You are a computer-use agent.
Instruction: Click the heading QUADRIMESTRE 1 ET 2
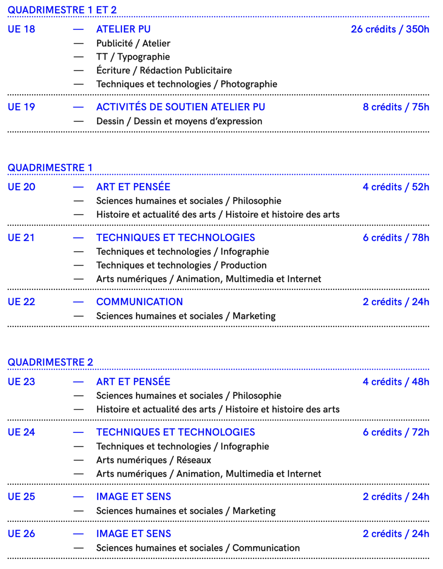[x=62, y=10]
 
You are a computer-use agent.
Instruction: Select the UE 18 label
[x=22, y=29]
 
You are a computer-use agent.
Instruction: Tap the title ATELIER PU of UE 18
[x=123, y=29]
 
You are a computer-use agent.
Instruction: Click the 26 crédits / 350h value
[x=390, y=29]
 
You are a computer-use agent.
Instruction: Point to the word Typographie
[x=143, y=57]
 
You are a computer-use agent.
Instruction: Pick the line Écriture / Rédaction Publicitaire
[x=164, y=70]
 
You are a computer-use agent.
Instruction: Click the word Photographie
[x=249, y=84]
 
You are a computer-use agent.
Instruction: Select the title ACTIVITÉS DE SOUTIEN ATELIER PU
[x=181, y=107]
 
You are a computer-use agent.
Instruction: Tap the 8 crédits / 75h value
[x=396, y=107]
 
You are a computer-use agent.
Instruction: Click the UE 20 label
[x=22, y=187]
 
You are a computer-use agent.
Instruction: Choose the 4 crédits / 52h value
[x=396, y=187]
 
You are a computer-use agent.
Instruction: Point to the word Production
[x=244, y=265]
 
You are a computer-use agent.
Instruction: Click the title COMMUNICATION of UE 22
[x=139, y=302]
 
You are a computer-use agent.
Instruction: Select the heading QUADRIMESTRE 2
[x=50, y=362]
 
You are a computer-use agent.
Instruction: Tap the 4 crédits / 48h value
[x=396, y=382]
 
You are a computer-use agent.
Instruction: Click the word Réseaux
[x=194, y=460]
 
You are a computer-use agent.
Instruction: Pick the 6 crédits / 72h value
[x=396, y=432]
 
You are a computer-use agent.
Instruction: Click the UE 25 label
[x=22, y=497]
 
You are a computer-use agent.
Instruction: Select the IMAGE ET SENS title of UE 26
[x=133, y=534]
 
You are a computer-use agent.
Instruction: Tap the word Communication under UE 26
[x=266, y=548]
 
